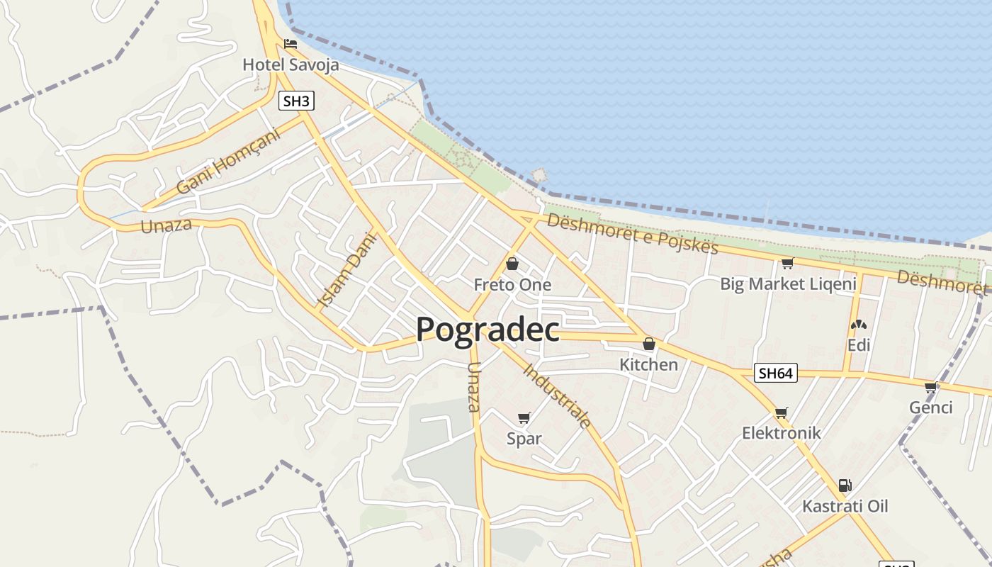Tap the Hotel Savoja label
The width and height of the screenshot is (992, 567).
291,64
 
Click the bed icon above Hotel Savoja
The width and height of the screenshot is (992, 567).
290,43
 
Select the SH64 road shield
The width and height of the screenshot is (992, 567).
776,373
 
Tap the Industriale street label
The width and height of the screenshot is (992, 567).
558,395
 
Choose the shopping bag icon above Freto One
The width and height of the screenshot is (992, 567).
512,264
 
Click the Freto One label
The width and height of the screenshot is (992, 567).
512,285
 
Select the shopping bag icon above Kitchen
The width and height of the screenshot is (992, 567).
648,344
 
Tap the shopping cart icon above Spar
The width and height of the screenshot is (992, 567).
524,417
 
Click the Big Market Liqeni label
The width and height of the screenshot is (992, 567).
788,284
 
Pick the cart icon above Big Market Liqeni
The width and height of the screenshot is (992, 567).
787,264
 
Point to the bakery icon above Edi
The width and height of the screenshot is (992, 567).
858,325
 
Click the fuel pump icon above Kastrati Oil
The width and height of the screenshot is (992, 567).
845,485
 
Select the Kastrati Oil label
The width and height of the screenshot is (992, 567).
845,506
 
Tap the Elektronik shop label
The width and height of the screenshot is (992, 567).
781,432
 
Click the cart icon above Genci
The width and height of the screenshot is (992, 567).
930,387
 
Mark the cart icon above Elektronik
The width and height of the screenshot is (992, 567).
781,412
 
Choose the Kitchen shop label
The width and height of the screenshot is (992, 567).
648,364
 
